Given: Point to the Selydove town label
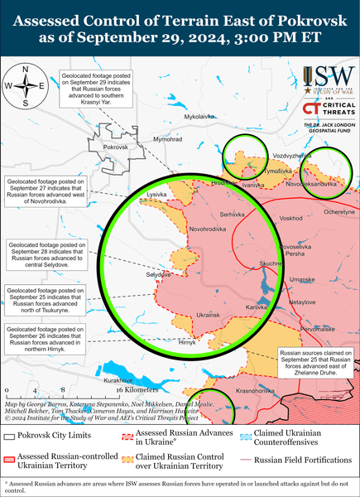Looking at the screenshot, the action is tap(135, 273).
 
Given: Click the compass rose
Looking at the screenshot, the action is tap(26, 85).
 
